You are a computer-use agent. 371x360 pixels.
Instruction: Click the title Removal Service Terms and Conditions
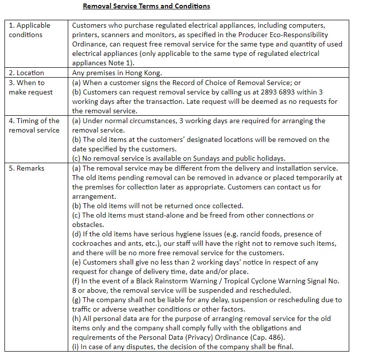coord(146,6)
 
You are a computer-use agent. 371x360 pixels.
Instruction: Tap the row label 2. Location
coord(26,73)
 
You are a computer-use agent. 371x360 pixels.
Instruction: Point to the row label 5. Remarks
coord(26,168)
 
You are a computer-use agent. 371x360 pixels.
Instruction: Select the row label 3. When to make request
coord(31,87)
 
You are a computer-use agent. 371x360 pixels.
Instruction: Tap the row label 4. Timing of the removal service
coord(34,125)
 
